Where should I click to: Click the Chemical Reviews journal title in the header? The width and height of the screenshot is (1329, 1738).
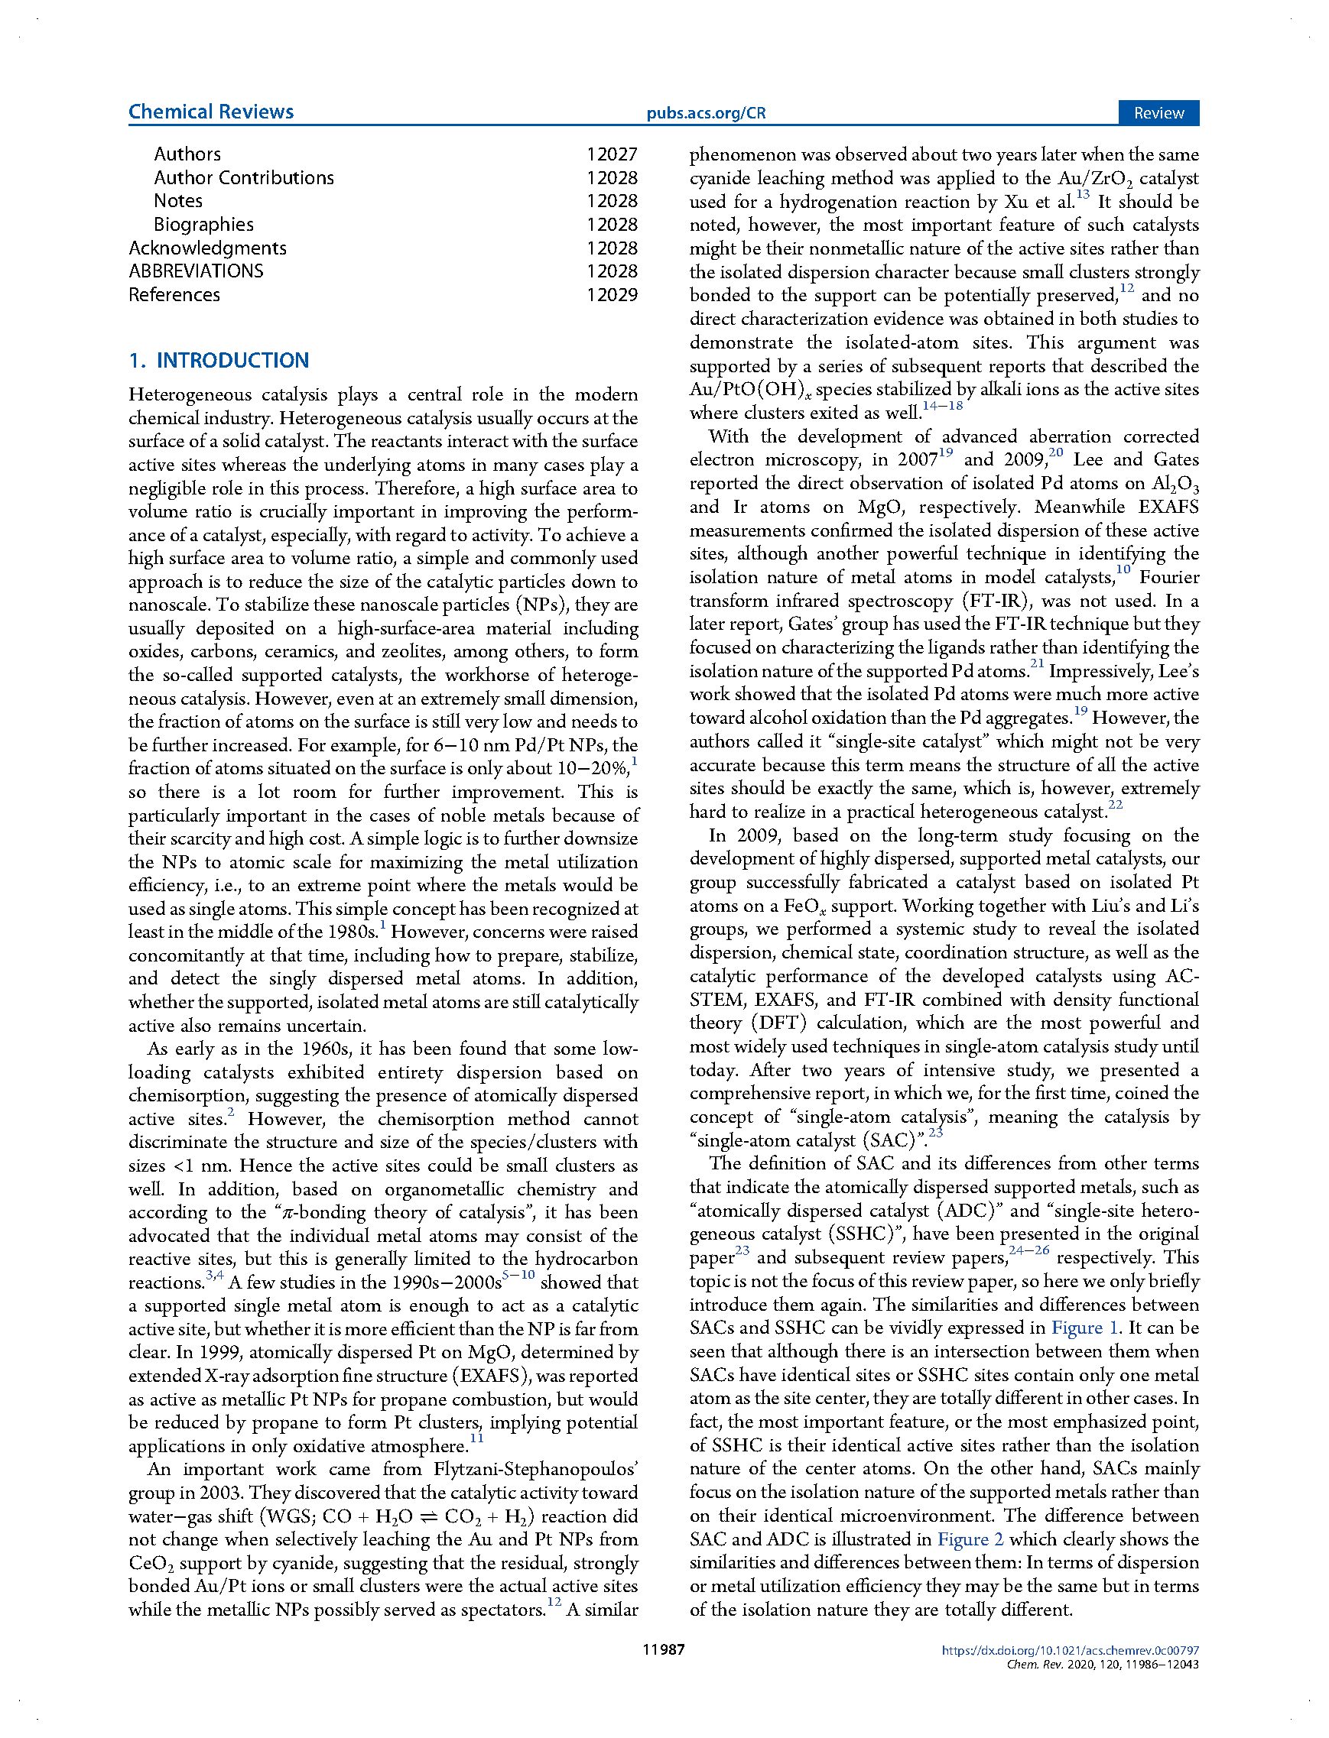tap(210, 112)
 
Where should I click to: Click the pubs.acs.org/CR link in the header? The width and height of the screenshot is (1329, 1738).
tap(706, 113)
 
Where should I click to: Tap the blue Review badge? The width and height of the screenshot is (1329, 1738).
tap(1158, 113)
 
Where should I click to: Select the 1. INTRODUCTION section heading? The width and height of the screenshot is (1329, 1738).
tap(219, 361)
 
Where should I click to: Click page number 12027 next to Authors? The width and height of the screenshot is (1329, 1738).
tap(612, 154)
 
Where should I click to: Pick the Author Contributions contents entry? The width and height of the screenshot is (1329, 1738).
tap(244, 178)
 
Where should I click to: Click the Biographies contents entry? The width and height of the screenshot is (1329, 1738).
tap(203, 225)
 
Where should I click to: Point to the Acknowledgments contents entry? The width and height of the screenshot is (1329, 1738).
tap(207, 248)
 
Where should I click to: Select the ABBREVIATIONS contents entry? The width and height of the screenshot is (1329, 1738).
tap(197, 271)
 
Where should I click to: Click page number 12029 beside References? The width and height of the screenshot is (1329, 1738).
tap(612, 295)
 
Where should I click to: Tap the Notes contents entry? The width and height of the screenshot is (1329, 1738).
tap(178, 201)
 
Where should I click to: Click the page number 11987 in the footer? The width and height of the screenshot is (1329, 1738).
tap(664, 1649)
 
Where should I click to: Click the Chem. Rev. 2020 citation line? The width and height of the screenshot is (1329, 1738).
tap(1102, 1665)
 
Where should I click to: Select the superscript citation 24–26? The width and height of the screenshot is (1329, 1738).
tap(1029, 1251)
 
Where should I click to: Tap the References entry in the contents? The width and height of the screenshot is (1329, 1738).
tap(174, 295)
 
